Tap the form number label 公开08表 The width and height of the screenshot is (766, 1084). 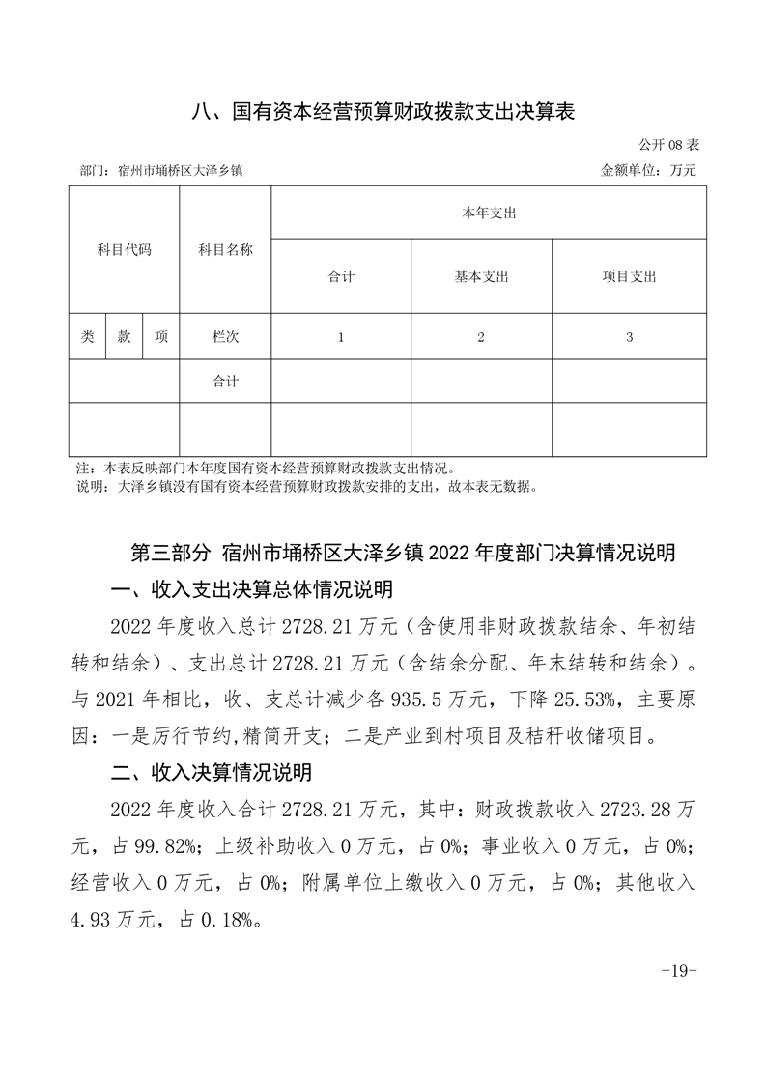pyautogui.click(x=668, y=144)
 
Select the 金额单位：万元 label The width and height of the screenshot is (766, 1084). pyautogui.click(x=648, y=170)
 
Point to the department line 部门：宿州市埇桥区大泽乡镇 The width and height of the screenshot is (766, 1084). pyautogui.click(x=160, y=170)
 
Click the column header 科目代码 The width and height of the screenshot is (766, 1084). pyautogui.click(x=125, y=250)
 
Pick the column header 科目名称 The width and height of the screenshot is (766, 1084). pyautogui.click(x=225, y=250)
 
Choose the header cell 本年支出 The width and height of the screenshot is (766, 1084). pyautogui.click(x=489, y=213)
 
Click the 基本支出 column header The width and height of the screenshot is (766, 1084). pyautogui.click(x=481, y=276)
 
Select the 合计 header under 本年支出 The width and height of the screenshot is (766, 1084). pyautogui.click(x=341, y=276)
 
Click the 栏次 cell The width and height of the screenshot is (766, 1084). pyautogui.click(x=225, y=337)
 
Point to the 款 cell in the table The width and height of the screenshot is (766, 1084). pyautogui.click(x=125, y=337)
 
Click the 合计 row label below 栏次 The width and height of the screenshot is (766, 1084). pyautogui.click(x=225, y=382)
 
